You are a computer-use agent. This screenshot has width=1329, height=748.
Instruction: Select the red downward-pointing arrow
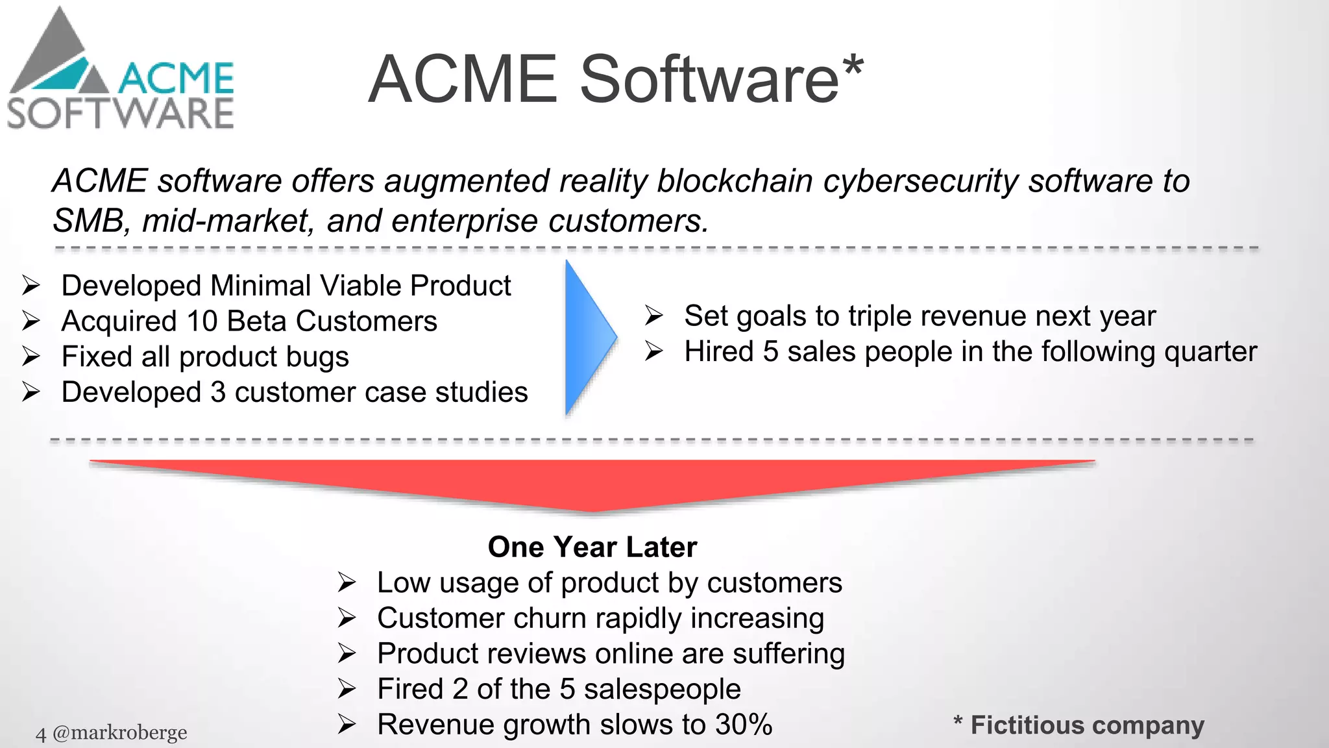point(592,484)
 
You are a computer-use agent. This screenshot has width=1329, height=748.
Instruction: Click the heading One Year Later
point(592,547)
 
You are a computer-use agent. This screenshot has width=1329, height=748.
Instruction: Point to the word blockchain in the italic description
point(735,181)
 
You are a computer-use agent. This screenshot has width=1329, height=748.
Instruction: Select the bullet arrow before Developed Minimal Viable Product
point(31,286)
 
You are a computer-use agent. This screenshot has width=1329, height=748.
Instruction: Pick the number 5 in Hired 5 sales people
point(770,352)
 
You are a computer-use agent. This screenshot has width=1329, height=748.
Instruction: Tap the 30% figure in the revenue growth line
point(744,725)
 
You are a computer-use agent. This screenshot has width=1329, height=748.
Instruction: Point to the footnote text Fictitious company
point(1087,725)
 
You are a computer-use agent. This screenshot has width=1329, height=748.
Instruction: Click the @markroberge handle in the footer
point(119,733)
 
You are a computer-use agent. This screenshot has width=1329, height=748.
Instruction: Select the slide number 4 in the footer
point(41,734)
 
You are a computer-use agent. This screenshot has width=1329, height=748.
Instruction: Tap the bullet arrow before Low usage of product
point(347,582)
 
